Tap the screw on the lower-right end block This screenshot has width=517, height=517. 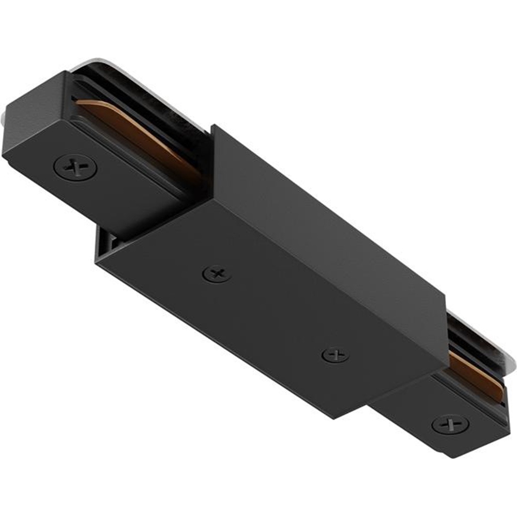click(x=450, y=424)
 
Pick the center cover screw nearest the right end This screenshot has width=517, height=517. click(x=334, y=355)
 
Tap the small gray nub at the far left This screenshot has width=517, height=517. click(x=6, y=116)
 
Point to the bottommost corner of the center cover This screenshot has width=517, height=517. click(x=333, y=418)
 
